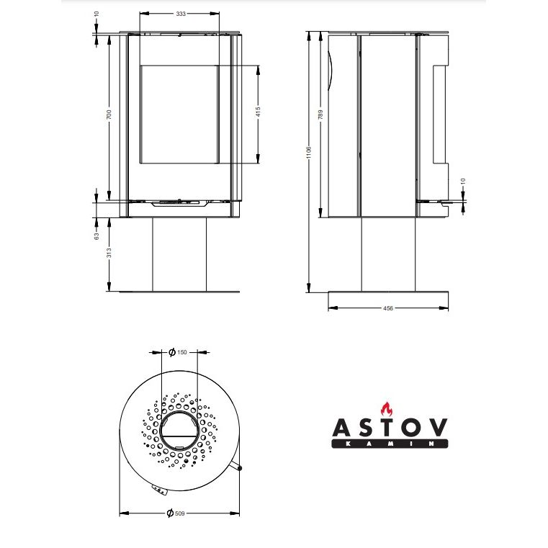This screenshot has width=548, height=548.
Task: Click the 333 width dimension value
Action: tap(181, 14)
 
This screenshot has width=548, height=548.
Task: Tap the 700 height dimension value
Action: tap(109, 114)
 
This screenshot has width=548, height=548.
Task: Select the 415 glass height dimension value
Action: tap(258, 112)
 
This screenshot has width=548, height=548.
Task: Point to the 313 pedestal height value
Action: tap(109, 253)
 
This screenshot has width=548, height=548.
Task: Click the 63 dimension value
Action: tap(96, 236)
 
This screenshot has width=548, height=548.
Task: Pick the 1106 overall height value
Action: tap(308, 153)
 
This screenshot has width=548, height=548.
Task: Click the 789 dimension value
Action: tap(320, 114)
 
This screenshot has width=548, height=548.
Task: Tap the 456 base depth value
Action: tap(388, 308)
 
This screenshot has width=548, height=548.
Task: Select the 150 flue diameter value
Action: tap(182, 352)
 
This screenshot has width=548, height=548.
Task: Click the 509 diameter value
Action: tap(179, 513)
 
